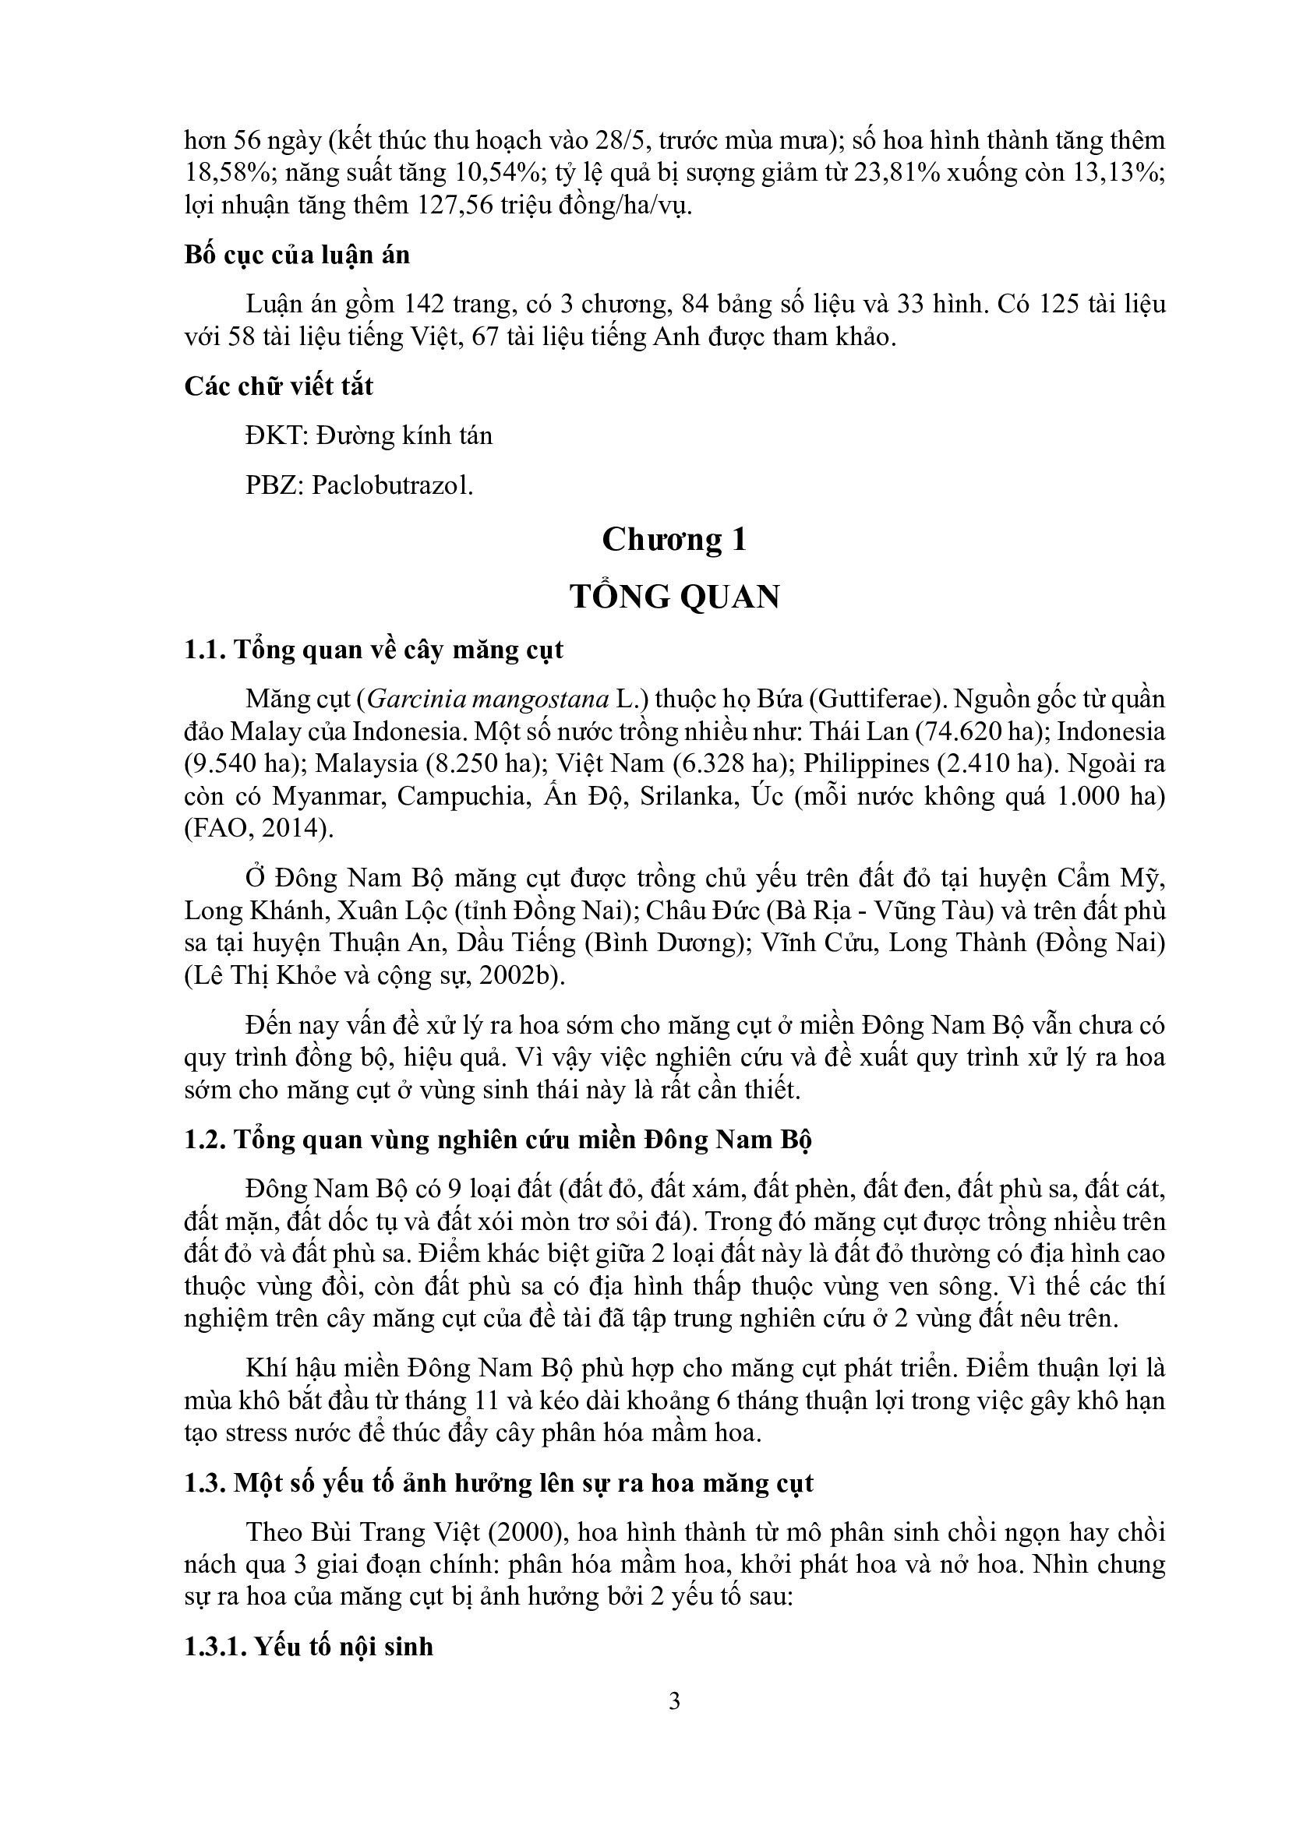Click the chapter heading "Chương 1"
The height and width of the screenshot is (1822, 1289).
click(x=674, y=540)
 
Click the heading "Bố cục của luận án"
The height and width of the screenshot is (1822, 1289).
click(x=297, y=255)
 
